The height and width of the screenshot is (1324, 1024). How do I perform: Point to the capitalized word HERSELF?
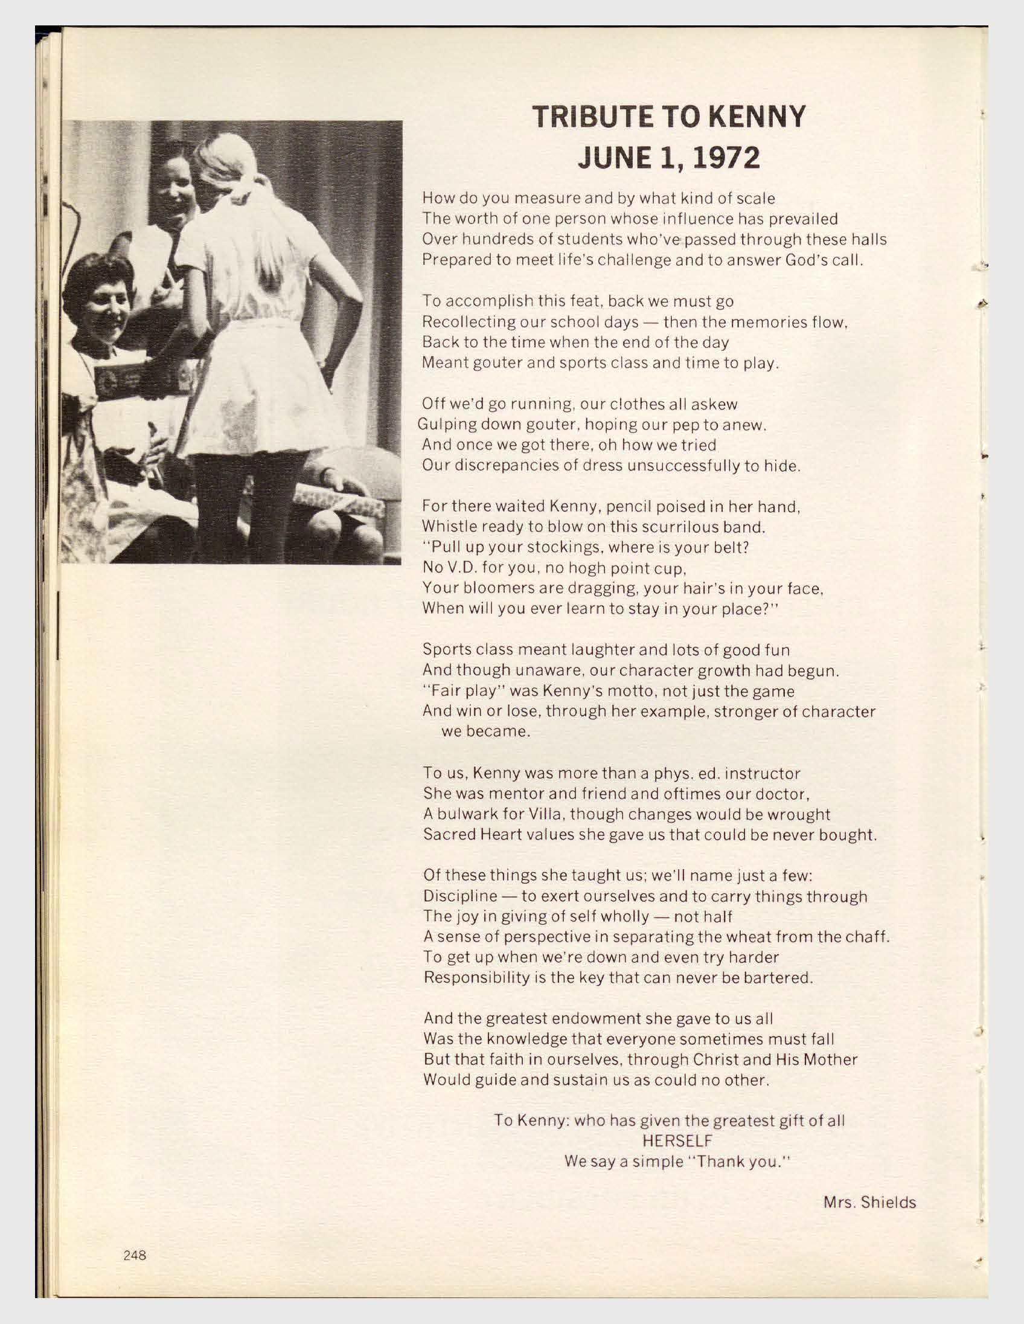pyautogui.click(x=677, y=1141)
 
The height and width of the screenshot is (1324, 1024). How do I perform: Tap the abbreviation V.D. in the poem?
pyautogui.click(x=461, y=568)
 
